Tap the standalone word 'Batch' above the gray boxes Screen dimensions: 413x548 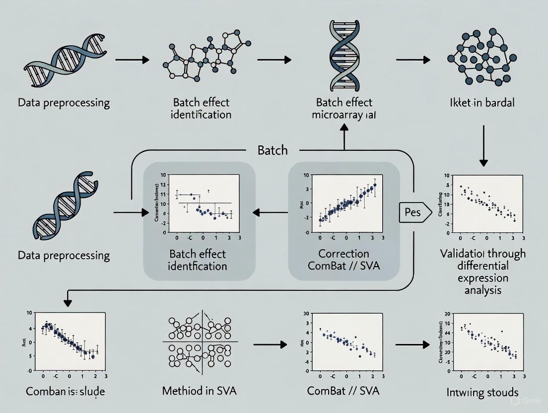[273, 150]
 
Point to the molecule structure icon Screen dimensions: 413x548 [204, 58]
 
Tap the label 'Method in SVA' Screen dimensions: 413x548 [200, 391]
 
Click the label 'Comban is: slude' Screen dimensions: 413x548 [65, 391]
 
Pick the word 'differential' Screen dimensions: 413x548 [482, 266]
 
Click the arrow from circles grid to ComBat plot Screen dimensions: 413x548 [271, 344]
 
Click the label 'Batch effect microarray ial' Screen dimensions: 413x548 [343, 109]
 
